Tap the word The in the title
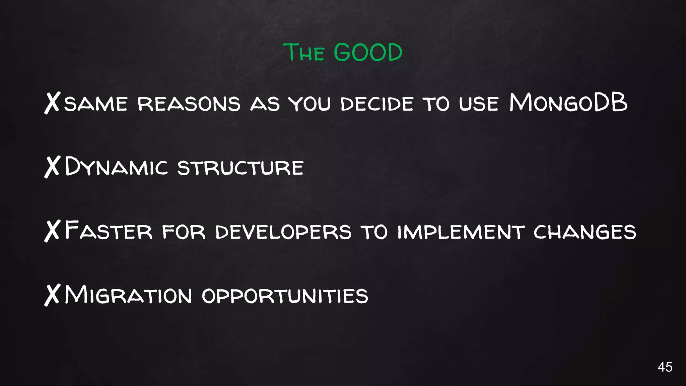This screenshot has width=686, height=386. click(x=304, y=53)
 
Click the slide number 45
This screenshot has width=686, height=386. click(x=665, y=367)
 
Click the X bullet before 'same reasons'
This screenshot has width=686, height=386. click(x=52, y=103)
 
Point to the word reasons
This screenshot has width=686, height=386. click(x=189, y=104)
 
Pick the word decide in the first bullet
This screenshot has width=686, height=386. click(x=377, y=104)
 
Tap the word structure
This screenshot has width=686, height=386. click(x=240, y=168)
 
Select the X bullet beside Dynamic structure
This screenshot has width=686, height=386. click(x=52, y=167)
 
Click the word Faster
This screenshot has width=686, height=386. click(x=109, y=231)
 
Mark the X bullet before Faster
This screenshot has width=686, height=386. click(x=52, y=231)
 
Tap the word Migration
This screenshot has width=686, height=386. click(x=128, y=295)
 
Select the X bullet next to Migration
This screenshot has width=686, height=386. click(x=52, y=295)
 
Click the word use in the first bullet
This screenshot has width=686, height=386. click(x=479, y=104)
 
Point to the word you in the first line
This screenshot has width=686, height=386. click(x=310, y=104)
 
